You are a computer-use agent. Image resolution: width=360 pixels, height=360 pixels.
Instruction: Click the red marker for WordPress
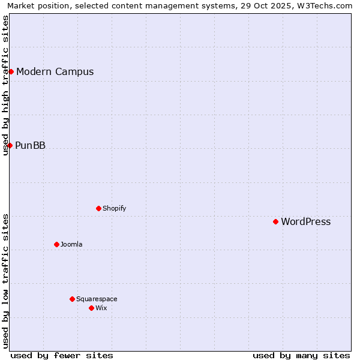click(x=275, y=221)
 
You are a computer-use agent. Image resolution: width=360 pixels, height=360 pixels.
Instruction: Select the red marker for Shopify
click(x=98, y=208)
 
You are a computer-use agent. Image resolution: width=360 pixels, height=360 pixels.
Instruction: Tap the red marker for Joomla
click(x=56, y=244)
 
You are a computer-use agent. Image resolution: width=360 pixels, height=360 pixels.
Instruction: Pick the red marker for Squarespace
click(x=72, y=299)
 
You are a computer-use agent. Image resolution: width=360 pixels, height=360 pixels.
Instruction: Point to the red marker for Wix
click(x=91, y=308)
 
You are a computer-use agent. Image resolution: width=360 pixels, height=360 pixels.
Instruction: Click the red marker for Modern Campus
click(x=11, y=71)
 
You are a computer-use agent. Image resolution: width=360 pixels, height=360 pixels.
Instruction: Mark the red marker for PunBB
click(x=10, y=145)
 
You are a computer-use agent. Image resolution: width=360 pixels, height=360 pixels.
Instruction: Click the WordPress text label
click(x=305, y=221)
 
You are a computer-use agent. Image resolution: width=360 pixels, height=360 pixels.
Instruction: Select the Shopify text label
click(x=114, y=208)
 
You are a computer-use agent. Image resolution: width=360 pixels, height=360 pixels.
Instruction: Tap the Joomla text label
click(x=71, y=244)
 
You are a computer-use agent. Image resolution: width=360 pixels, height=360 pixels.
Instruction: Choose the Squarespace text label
click(x=97, y=299)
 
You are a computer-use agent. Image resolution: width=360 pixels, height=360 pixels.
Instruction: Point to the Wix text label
click(x=101, y=308)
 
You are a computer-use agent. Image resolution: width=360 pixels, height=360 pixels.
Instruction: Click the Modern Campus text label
click(x=55, y=71)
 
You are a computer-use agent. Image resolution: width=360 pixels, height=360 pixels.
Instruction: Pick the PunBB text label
click(x=30, y=145)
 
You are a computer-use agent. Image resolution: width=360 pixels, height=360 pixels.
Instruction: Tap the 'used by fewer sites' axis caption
click(x=62, y=355)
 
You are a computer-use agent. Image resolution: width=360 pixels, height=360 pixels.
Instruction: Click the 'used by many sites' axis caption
click(x=301, y=355)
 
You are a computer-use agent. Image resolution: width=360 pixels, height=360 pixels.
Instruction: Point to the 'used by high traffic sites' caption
click(x=6, y=85)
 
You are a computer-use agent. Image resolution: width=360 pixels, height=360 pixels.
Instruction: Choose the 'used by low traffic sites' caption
click(x=6, y=281)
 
